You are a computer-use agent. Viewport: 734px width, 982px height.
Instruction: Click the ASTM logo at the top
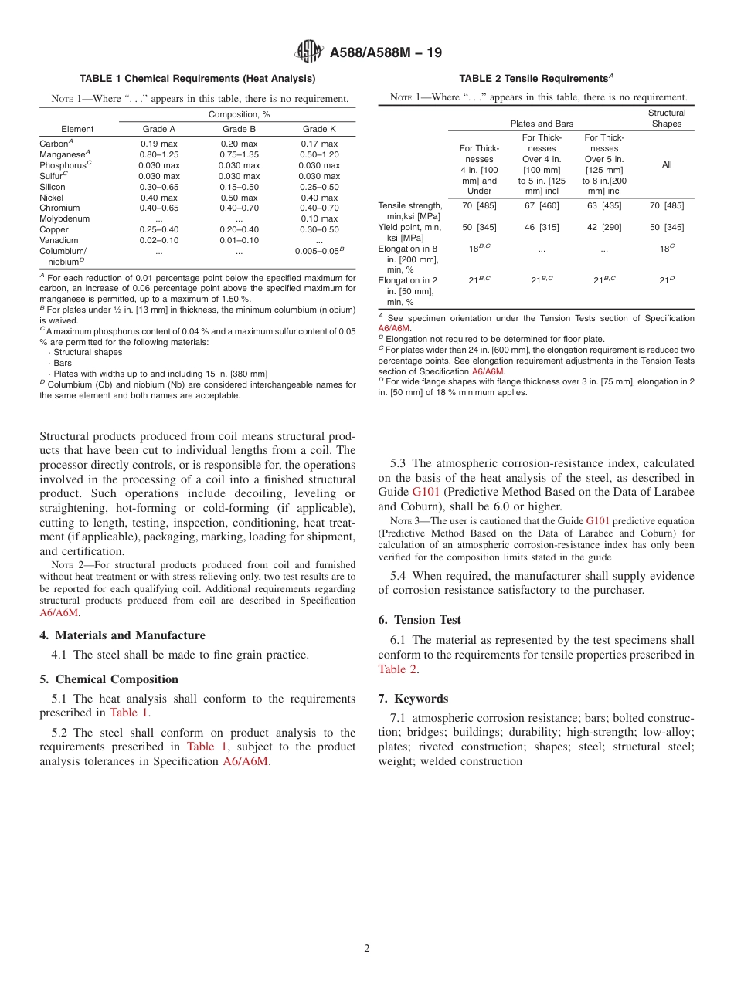(x=310, y=52)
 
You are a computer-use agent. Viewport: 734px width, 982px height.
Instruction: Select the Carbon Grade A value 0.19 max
(x=158, y=144)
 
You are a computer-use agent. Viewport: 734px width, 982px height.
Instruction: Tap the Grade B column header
(x=239, y=129)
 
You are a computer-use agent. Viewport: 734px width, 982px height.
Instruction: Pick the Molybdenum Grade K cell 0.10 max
(x=319, y=218)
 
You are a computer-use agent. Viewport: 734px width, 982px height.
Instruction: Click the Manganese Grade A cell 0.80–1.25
(x=158, y=154)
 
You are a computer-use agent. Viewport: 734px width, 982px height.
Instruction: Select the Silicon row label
(x=53, y=187)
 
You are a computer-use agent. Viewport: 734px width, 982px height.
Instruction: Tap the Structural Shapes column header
(x=666, y=118)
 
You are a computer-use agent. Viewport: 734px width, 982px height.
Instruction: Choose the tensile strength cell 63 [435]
(x=603, y=205)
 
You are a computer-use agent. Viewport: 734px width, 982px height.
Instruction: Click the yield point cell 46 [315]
(x=541, y=227)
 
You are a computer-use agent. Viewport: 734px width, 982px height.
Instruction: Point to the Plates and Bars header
(x=542, y=124)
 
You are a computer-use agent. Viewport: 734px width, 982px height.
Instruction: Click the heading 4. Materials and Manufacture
(x=122, y=635)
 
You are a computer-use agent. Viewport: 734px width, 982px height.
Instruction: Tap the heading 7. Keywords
(x=413, y=699)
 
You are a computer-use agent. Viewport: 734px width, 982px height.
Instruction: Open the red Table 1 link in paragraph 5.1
(x=129, y=713)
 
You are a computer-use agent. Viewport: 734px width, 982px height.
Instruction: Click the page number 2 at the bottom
(x=367, y=949)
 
